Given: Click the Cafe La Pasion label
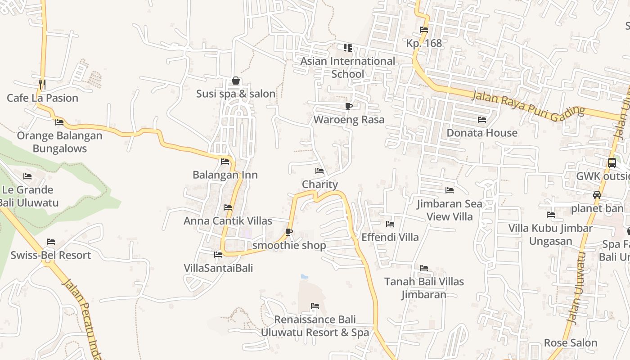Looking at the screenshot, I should (x=42, y=98).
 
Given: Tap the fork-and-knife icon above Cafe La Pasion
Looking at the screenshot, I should (x=42, y=84).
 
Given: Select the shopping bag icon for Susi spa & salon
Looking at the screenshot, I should (x=235, y=81).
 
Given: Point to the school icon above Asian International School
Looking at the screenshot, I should (x=347, y=47).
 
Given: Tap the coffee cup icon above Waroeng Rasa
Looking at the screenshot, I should (x=348, y=106).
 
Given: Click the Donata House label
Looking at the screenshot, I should (x=482, y=133).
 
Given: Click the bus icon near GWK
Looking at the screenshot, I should (x=612, y=163).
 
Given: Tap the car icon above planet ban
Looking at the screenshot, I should (x=597, y=195).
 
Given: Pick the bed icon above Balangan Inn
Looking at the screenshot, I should (x=225, y=162).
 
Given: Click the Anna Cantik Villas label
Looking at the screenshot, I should (x=228, y=221).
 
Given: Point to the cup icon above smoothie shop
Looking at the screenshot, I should (x=289, y=232).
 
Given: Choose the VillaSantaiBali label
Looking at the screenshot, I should (x=218, y=268).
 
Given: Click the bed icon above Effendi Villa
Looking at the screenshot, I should (x=390, y=224).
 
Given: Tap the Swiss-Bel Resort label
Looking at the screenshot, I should (x=51, y=255).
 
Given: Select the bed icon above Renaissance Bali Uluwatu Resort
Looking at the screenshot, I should (x=315, y=306).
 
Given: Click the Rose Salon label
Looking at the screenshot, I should (x=571, y=342).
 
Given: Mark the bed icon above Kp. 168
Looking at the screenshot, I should (x=424, y=30).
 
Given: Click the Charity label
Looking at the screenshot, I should (x=319, y=184).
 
